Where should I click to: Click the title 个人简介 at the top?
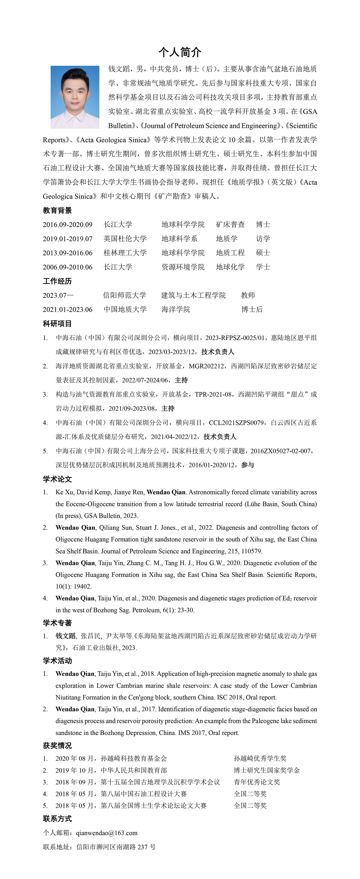pyautogui.click(x=180, y=52)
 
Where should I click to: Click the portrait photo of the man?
pyautogui.click(x=75, y=97)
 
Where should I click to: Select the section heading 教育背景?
pyautogui.click(x=57, y=210)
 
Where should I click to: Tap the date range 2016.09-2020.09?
pyautogui.click(x=68, y=225)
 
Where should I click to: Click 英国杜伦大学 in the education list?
pyautogui.click(x=125, y=238)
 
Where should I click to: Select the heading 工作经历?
pyautogui.click(x=57, y=281)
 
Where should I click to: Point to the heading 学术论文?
pyautogui.click(x=57, y=479)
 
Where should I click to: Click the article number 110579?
pyautogui.click(x=252, y=551)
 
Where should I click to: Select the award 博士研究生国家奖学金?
pyautogui.click(x=267, y=770)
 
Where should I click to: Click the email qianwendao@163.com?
pyautogui.click(x=107, y=833)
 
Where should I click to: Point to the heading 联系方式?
pyautogui.click(x=57, y=819)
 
